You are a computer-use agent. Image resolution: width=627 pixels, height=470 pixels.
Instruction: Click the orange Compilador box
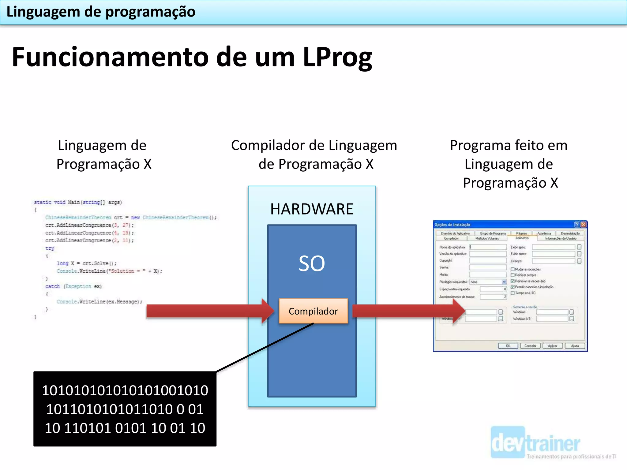click(313, 311)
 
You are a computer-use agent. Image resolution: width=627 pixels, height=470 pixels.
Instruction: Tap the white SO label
click(312, 263)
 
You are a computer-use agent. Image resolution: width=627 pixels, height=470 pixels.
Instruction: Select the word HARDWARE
click(312, 209)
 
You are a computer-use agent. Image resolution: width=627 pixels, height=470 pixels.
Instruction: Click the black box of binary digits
click(125, 409)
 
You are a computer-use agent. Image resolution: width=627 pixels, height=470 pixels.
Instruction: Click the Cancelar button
click(530, 346)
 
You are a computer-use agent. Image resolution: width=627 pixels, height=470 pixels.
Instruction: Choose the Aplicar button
click(553, 346)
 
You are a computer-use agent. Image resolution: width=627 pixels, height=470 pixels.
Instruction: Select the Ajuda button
click(575, 346)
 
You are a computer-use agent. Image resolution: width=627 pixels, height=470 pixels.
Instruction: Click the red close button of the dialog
click(584, 225)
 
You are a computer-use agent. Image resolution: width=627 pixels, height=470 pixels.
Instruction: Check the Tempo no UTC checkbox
click(512, 293)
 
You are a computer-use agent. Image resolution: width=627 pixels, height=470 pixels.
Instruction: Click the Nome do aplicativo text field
click(488, 247)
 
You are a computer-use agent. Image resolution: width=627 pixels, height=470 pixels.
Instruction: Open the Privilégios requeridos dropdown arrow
click(504, 282)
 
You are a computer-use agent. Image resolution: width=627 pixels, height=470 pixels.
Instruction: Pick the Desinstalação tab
click(570, 233)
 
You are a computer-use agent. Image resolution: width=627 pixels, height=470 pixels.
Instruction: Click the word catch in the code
click(52, 286)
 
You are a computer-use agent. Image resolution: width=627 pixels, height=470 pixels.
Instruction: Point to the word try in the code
click(50, 248)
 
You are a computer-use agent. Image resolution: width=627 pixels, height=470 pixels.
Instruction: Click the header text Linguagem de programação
click(101, 12)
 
